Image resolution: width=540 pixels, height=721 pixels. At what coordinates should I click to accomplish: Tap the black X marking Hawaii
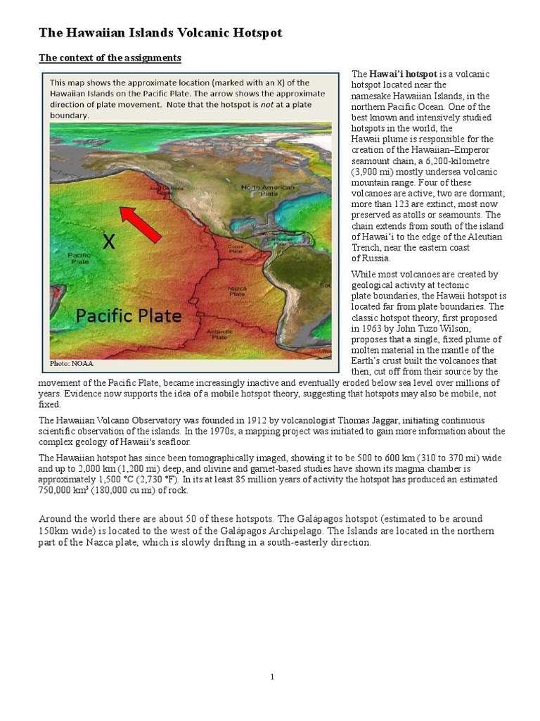(108, 242)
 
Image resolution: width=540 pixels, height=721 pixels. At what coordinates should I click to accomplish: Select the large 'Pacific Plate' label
(129, 316)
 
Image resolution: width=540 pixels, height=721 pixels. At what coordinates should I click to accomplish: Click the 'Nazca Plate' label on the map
(237, 291)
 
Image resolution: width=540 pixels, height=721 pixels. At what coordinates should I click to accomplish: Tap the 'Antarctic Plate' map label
(220, 334)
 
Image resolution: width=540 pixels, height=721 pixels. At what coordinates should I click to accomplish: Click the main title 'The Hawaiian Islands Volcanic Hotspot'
(160, 33)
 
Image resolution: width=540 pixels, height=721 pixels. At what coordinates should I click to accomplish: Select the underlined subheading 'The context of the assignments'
(110, 58)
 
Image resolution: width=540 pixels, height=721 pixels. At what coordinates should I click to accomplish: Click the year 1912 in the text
(229, 420)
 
